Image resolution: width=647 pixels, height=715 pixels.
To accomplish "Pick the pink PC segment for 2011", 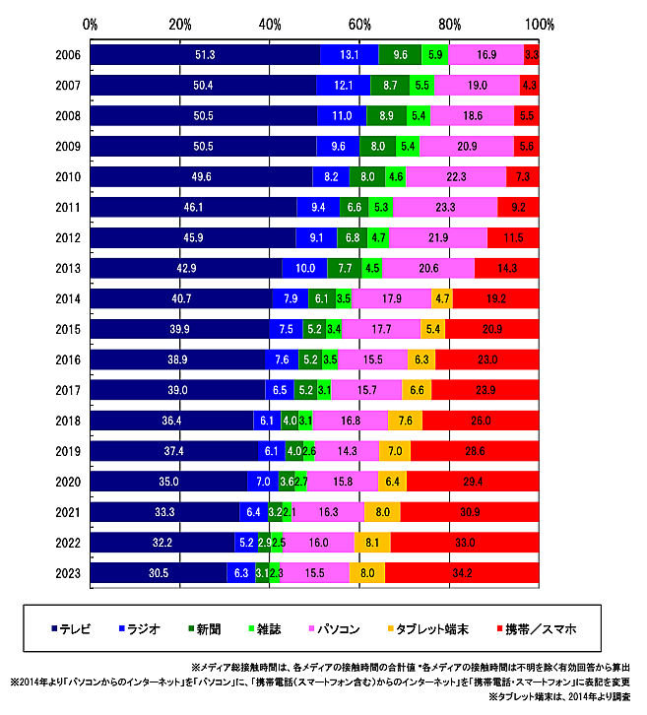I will (x=445, y=207).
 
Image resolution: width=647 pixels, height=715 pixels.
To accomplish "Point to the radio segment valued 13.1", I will (x=349, y=54).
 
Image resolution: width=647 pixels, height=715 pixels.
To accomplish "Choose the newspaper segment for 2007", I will (x=390, y=85).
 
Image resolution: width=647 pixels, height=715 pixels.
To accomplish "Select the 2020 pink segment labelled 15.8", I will (x=343, y=481).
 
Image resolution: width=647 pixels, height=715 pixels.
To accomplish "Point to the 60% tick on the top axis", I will (x=359, y=23).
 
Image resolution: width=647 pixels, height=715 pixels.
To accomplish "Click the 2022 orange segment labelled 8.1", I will (x=371, y=541).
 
